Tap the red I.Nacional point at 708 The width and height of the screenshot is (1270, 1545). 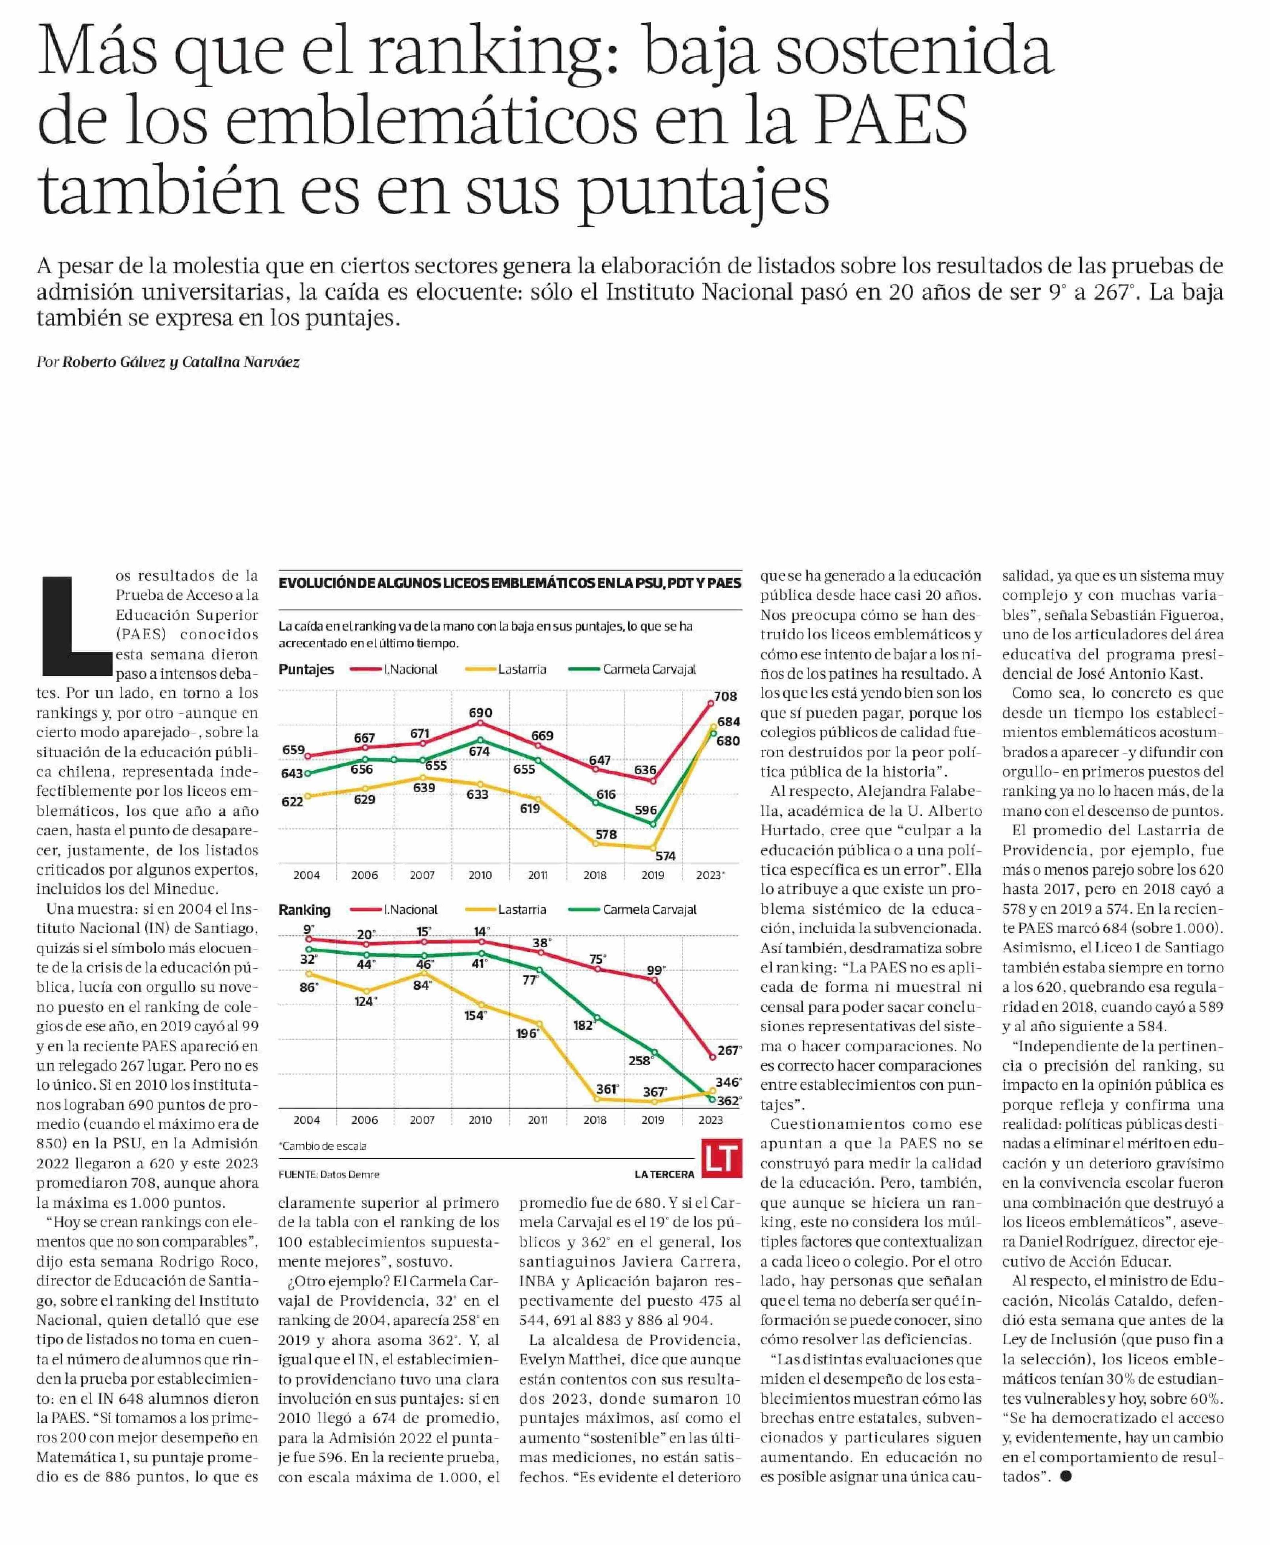710,703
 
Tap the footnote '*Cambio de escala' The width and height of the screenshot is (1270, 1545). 323,1146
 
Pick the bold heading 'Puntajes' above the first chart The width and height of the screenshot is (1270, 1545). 306,669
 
